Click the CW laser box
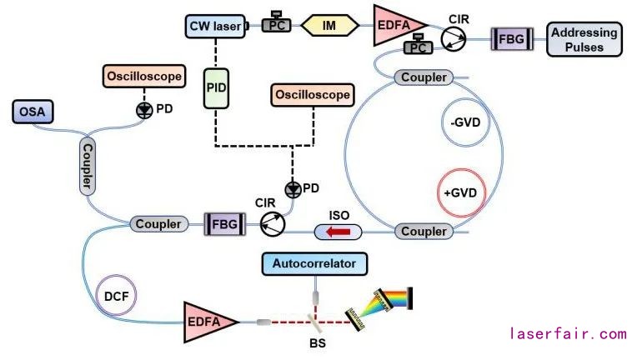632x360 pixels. [213, 27]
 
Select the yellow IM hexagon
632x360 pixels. [330, 27]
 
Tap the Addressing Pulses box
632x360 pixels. [584, 39]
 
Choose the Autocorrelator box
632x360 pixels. [313, 265]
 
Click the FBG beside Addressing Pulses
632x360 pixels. [506, 38]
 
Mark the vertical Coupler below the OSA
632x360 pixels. [87, 167]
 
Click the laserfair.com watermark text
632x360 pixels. [567, 334]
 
